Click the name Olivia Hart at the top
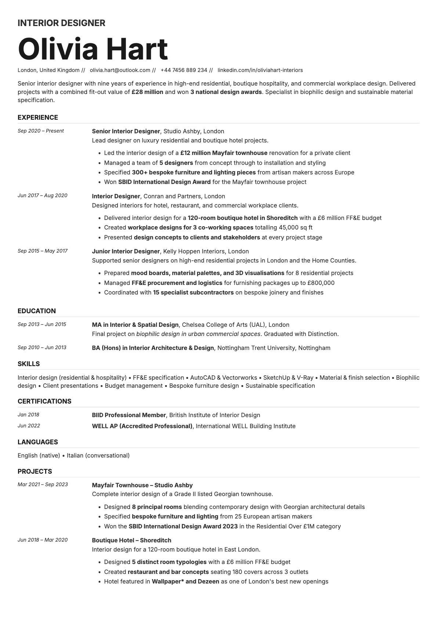(x=93, y=49)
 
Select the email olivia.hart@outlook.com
(x=120, y=70)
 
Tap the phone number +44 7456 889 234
(x=184, y=70)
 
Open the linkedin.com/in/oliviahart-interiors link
(x=260, y=70)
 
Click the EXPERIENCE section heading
(x=38, y=118)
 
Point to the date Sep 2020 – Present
(x=41, y=131)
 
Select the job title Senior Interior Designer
(x=126, y=131)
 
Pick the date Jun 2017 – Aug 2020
(x=43, y=195)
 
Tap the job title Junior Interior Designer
(x=126, y=251)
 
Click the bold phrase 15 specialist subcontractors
(x=193, y=292)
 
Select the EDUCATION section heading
(x=37, y=311)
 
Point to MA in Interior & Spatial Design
(x=135, y=325)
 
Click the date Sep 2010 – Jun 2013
(x=42, y=347)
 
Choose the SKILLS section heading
(x=29, y=364)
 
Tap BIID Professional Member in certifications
(x=129, y=415)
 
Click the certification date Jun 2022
(x=29, y=426)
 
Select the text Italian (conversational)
(x=98, y=455)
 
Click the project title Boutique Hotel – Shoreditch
(x=131, y=540)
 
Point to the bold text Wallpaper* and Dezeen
(x=185, y=581)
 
